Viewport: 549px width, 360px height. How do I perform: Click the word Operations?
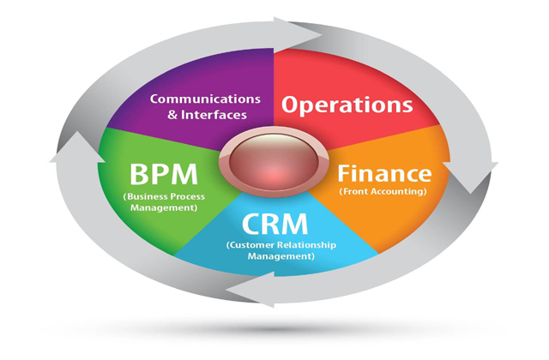click(347, 105)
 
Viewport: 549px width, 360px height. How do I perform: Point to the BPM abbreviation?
click(163, 176)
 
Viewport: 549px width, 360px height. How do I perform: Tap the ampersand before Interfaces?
click(175, 114)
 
